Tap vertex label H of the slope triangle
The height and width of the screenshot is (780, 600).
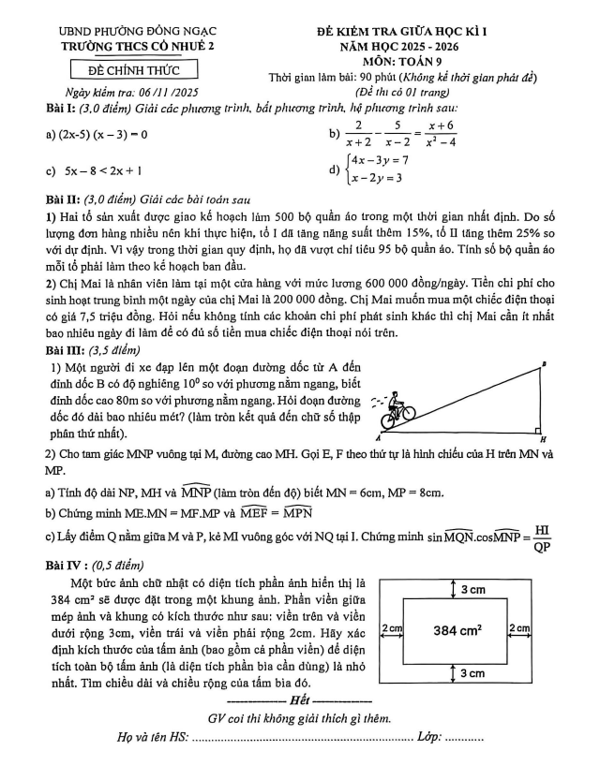coord(543,439)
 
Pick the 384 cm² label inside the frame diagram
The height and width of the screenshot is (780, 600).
coord(471,631)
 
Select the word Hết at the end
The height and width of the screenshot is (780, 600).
coord(299,699)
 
